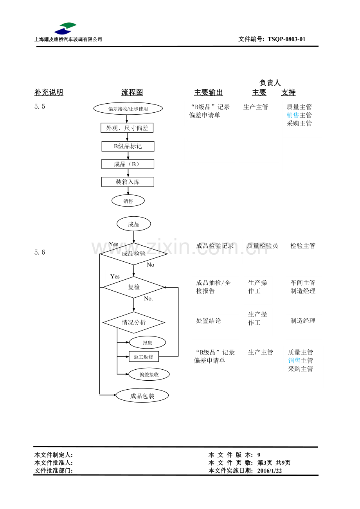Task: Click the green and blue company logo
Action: tap(65, 29)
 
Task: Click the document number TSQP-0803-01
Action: tap(286, 39)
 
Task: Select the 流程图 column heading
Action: tap(132, 92)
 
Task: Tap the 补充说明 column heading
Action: tap(49, 92)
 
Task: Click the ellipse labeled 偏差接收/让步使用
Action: tap(128, 109)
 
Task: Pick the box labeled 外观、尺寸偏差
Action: tap(127, 128)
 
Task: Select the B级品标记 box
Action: tap(128, 146)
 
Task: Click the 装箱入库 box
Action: tap(128, 182)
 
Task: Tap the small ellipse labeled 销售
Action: tap(128, 201)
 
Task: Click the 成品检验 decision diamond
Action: tap(134, 254)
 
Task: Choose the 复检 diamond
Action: tap(134, 287)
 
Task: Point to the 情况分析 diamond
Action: tap(134, 322)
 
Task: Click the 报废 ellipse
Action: tap(148, 342)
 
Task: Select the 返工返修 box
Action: tap(144, 356)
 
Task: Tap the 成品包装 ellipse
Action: tap(142, 396)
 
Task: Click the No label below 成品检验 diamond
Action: tap(150, 265)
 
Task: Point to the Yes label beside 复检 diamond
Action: tap(115, 276)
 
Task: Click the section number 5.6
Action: tap(40, 252)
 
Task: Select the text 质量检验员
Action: tap(263, 246)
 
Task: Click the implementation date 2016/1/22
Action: tap(270, 470)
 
